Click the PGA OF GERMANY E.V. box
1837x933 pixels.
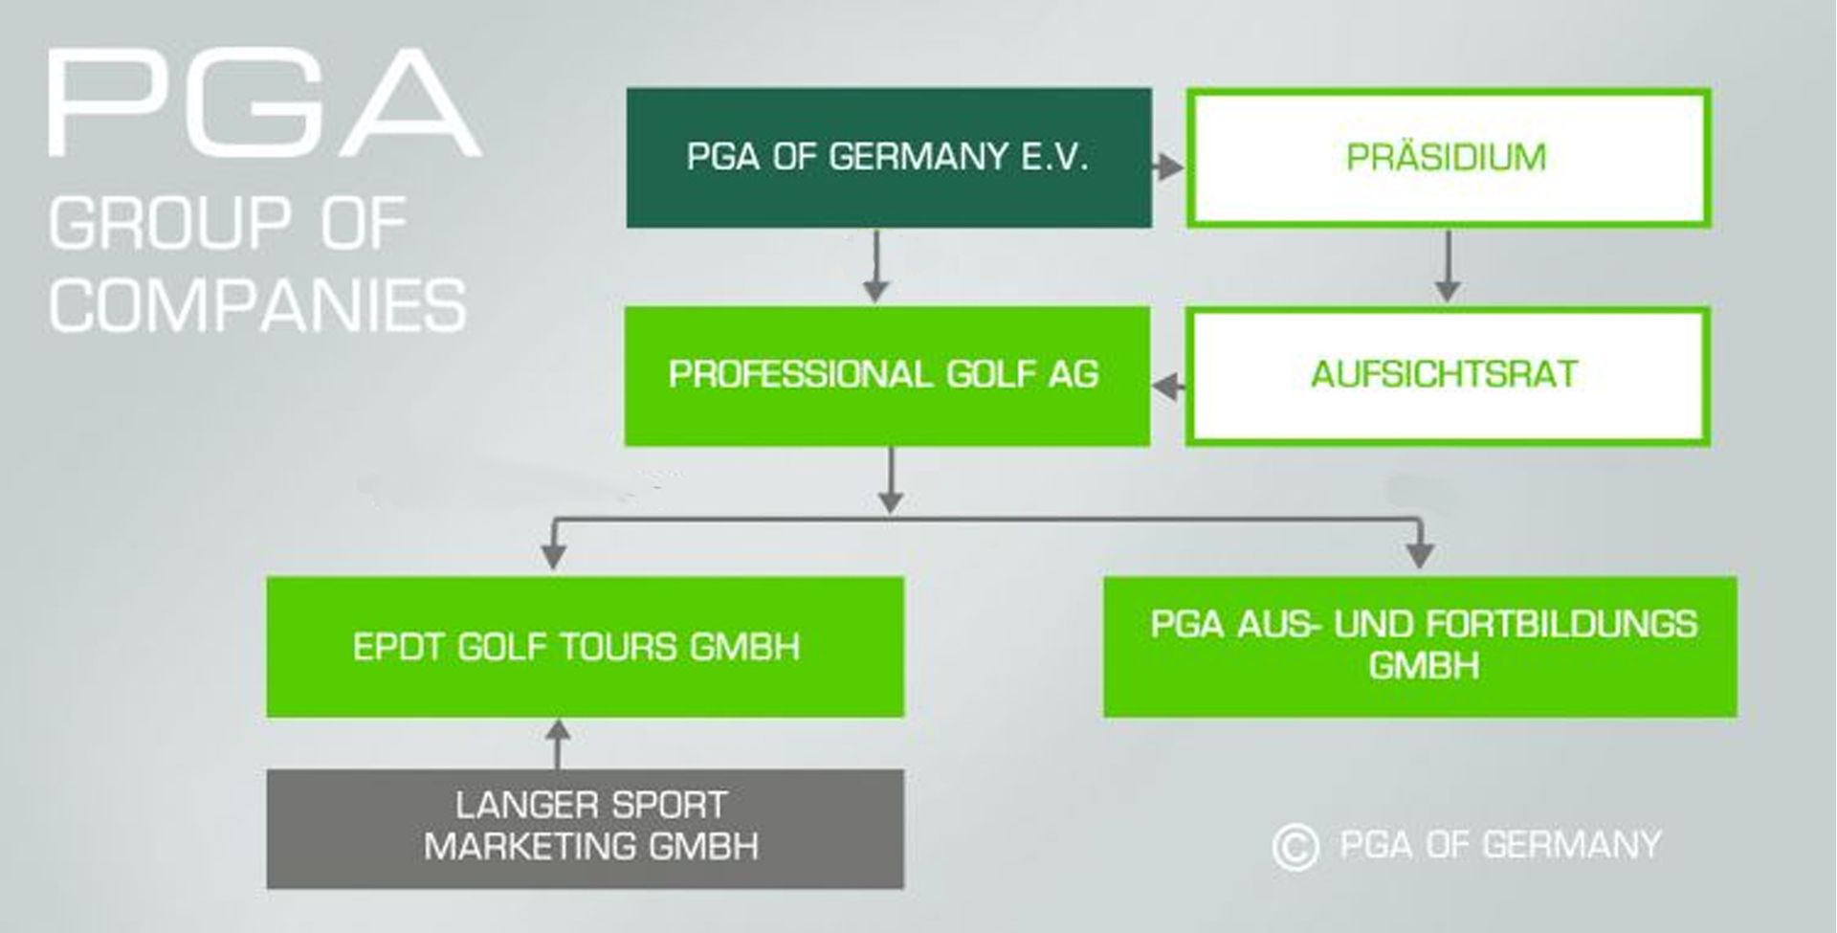(x=888, y=158)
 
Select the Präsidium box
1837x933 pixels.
(x=1448, y=158)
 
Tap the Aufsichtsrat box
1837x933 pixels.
(x=1447, y=375)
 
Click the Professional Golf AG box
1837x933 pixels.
(x=886, y=375)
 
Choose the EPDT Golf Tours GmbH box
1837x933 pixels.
(x=585, y=647)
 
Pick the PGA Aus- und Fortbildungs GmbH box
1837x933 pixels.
(x=1420, y=647)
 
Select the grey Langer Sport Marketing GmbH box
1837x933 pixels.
(x=585, y=829)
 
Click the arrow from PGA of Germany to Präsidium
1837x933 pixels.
(x=1167, y=167)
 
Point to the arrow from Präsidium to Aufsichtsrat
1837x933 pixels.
(x=1448, y=268)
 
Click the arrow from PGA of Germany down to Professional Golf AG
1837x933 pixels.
(x=875, y=268)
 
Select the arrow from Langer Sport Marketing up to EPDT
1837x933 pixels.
(x=559, y=744)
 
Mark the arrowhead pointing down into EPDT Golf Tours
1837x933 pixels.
(x=554, y=555)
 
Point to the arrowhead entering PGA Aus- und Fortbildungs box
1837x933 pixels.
(x=1420, y=555)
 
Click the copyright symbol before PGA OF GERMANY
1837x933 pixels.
(x=1295, y=847)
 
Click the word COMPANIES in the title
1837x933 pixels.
(x=257, y=306)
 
